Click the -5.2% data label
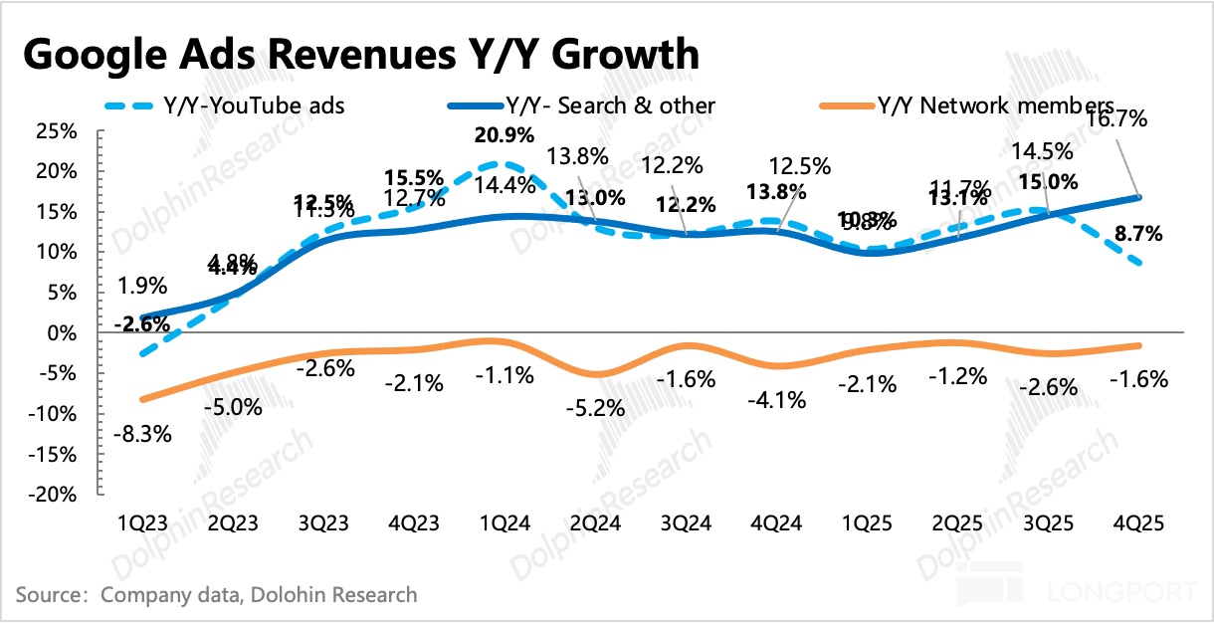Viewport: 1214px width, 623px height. click(596, 408)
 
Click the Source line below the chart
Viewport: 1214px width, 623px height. click(216, 595)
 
